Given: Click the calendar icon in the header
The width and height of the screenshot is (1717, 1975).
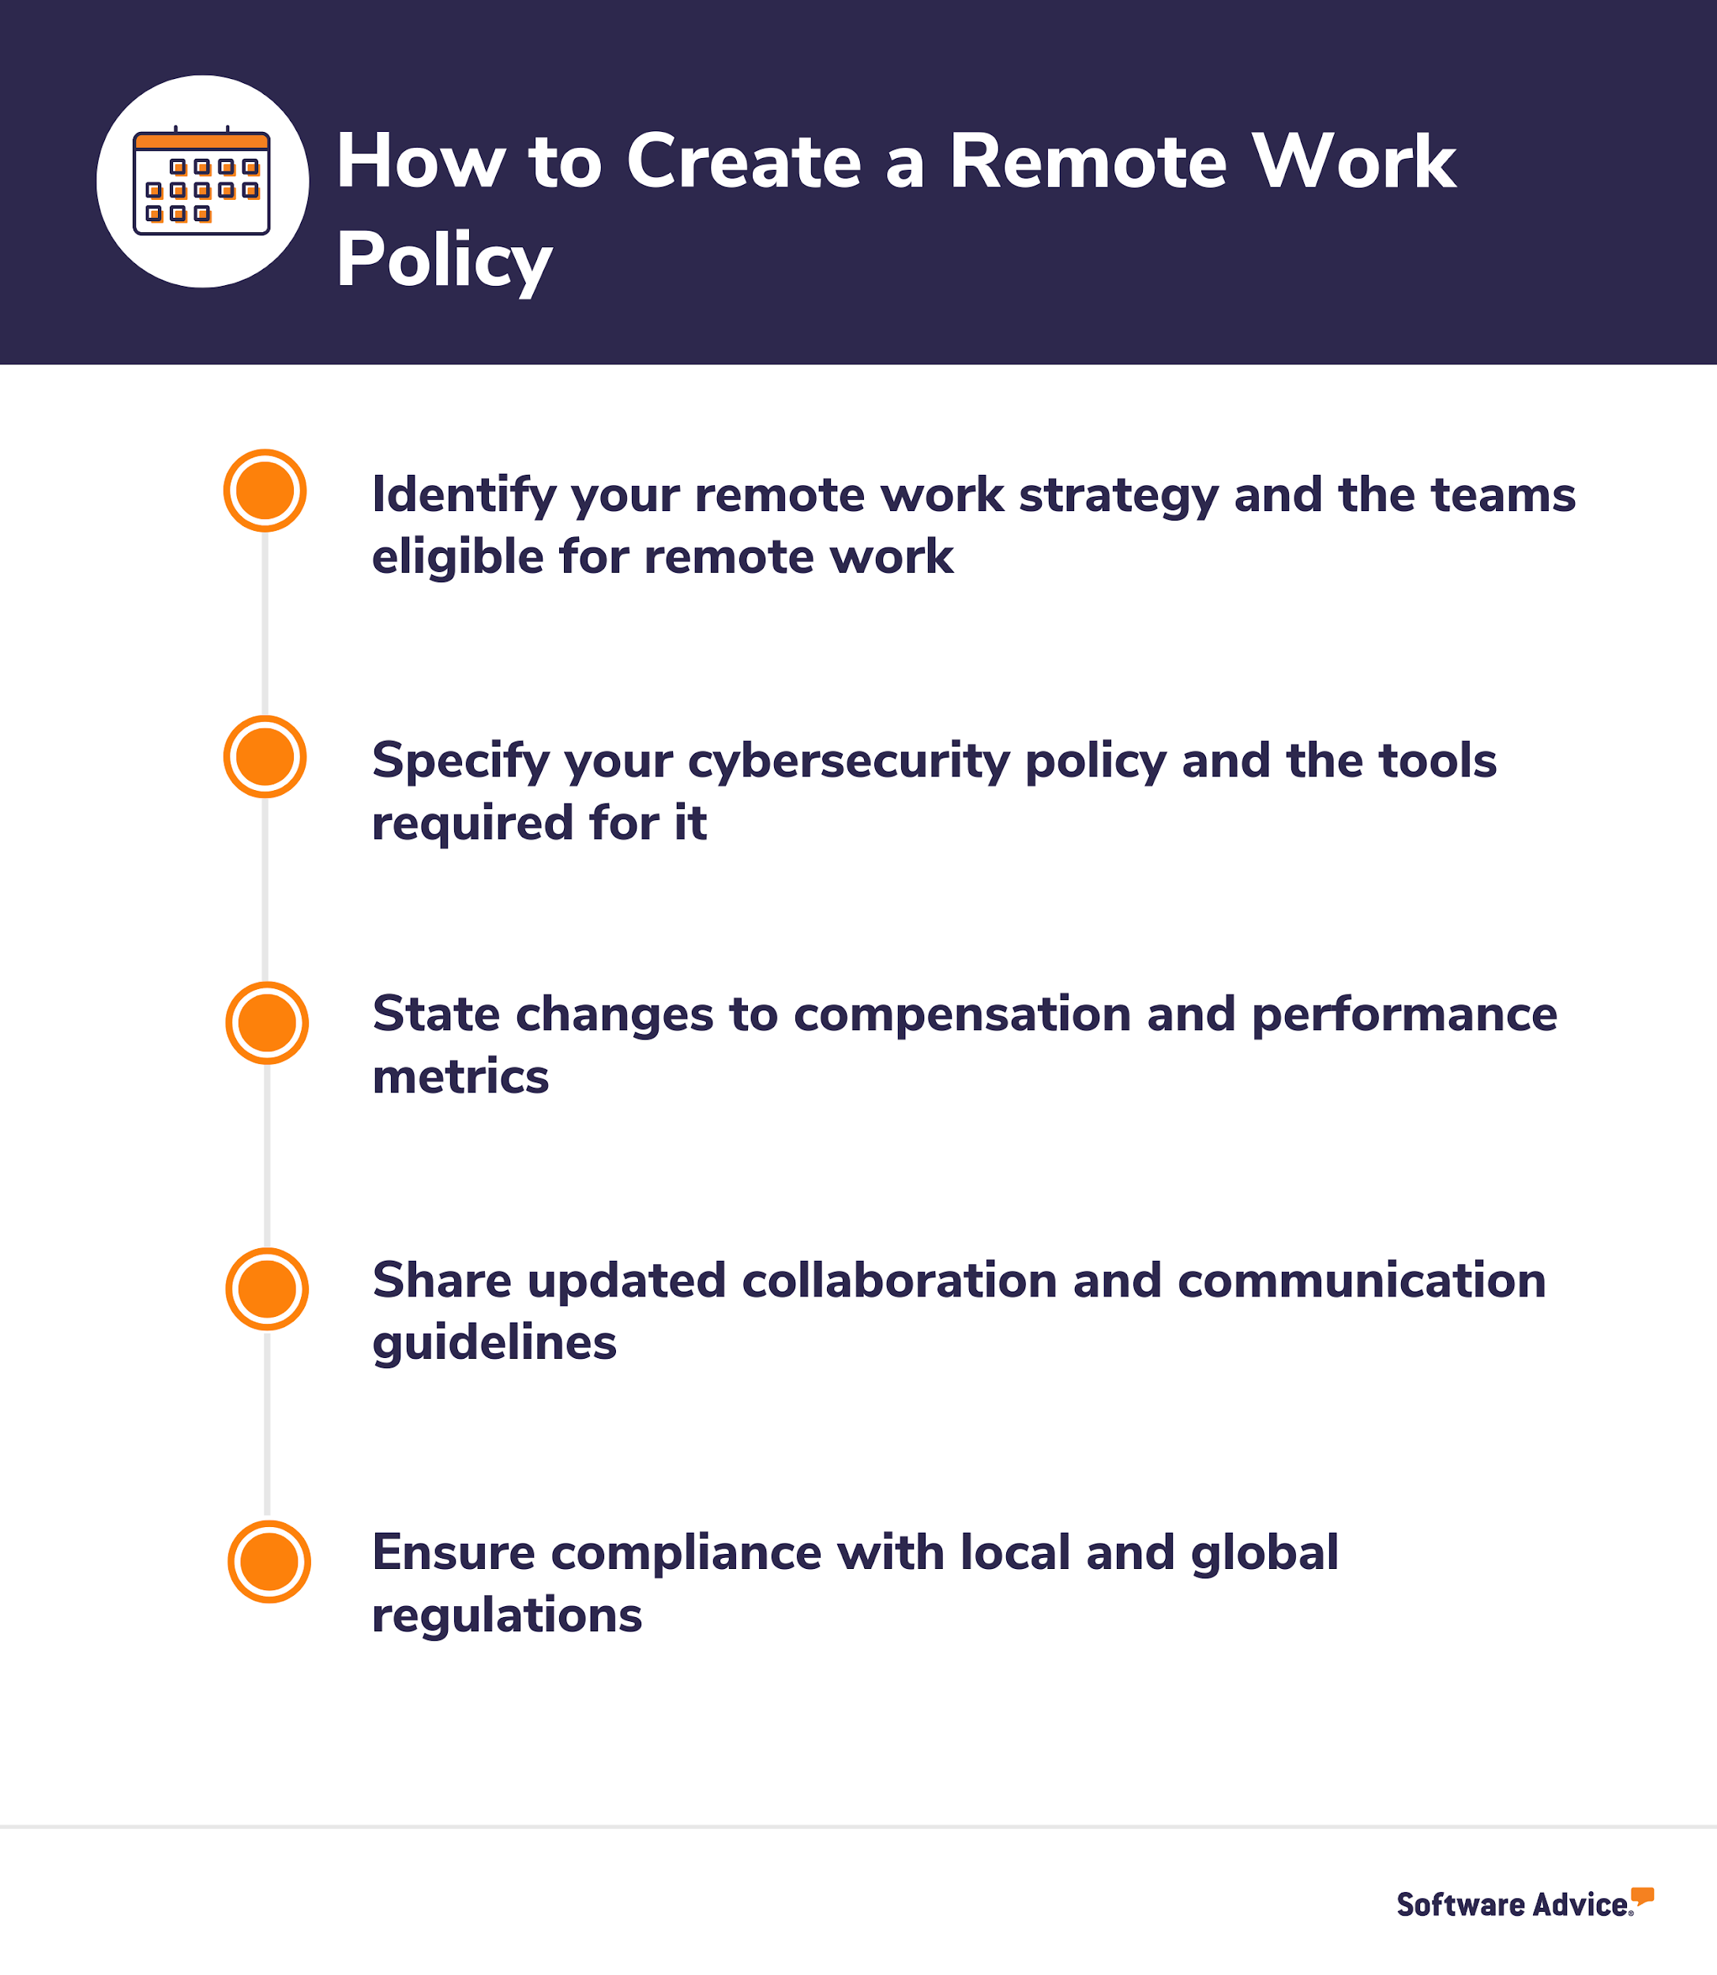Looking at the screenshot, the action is coord(201,182).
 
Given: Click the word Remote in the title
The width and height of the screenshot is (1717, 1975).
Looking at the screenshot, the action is coord(1088,161).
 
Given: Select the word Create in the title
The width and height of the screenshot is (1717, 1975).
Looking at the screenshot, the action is coord(743,161).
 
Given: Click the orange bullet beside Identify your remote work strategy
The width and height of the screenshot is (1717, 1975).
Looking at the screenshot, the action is coord(265,491).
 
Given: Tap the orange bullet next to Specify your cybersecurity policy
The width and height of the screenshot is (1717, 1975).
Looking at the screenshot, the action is coord(265,757).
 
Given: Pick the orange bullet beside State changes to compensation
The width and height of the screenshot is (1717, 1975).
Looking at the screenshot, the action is coord(266,1022).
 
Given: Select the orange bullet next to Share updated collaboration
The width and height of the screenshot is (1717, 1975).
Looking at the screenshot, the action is coord(266,1288).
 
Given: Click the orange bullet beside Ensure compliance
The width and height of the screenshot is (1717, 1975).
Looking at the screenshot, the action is coord(269,1561).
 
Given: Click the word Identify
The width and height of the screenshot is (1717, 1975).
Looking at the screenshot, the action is coord(464,496).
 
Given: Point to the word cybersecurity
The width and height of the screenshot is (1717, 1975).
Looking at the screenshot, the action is coord(848,762).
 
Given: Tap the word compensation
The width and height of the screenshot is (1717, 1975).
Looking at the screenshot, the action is coord(962,1015).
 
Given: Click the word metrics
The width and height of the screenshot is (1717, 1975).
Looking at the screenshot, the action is coord(460,1076).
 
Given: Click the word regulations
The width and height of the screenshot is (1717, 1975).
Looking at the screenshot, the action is coord(507,1616).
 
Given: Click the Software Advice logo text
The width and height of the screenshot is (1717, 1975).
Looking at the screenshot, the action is coord(1512,1904).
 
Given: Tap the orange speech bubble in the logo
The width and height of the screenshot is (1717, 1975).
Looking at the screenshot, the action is coord(1642,1895).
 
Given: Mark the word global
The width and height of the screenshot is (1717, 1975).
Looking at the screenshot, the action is coord(1264,1552).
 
